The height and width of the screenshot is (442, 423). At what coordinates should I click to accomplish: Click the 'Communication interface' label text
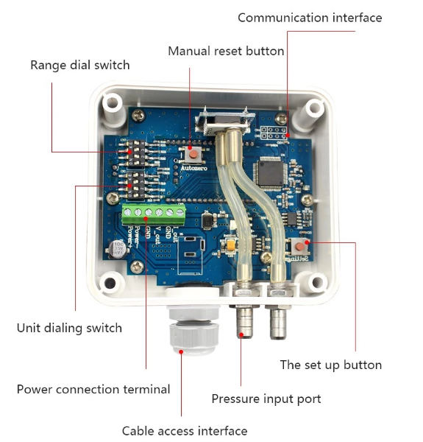(x=310, y=18)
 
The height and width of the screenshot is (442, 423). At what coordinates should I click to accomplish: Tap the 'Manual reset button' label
(x=226, y=51)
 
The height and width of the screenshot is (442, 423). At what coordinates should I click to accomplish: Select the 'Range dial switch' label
(x=79, y=65)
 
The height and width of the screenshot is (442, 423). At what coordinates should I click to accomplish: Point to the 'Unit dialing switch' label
(x=69, y=328)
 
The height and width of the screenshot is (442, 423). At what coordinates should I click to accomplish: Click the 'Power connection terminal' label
(x=93, y=389)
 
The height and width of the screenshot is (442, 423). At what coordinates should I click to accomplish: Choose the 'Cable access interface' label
(x=185, y=431)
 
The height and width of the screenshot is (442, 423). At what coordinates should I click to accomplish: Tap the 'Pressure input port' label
(x=266, y=399)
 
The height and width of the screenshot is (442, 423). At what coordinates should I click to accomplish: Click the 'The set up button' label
(x=331, y=365)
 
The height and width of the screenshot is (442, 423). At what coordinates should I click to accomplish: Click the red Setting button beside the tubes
(x=300, y=247)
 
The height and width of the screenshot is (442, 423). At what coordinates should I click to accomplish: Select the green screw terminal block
(x=154, y=214)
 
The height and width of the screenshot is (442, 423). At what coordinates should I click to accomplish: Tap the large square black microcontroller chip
(x=268, y=172)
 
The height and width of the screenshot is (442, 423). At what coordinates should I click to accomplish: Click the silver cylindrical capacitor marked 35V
(x=118, y=249)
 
